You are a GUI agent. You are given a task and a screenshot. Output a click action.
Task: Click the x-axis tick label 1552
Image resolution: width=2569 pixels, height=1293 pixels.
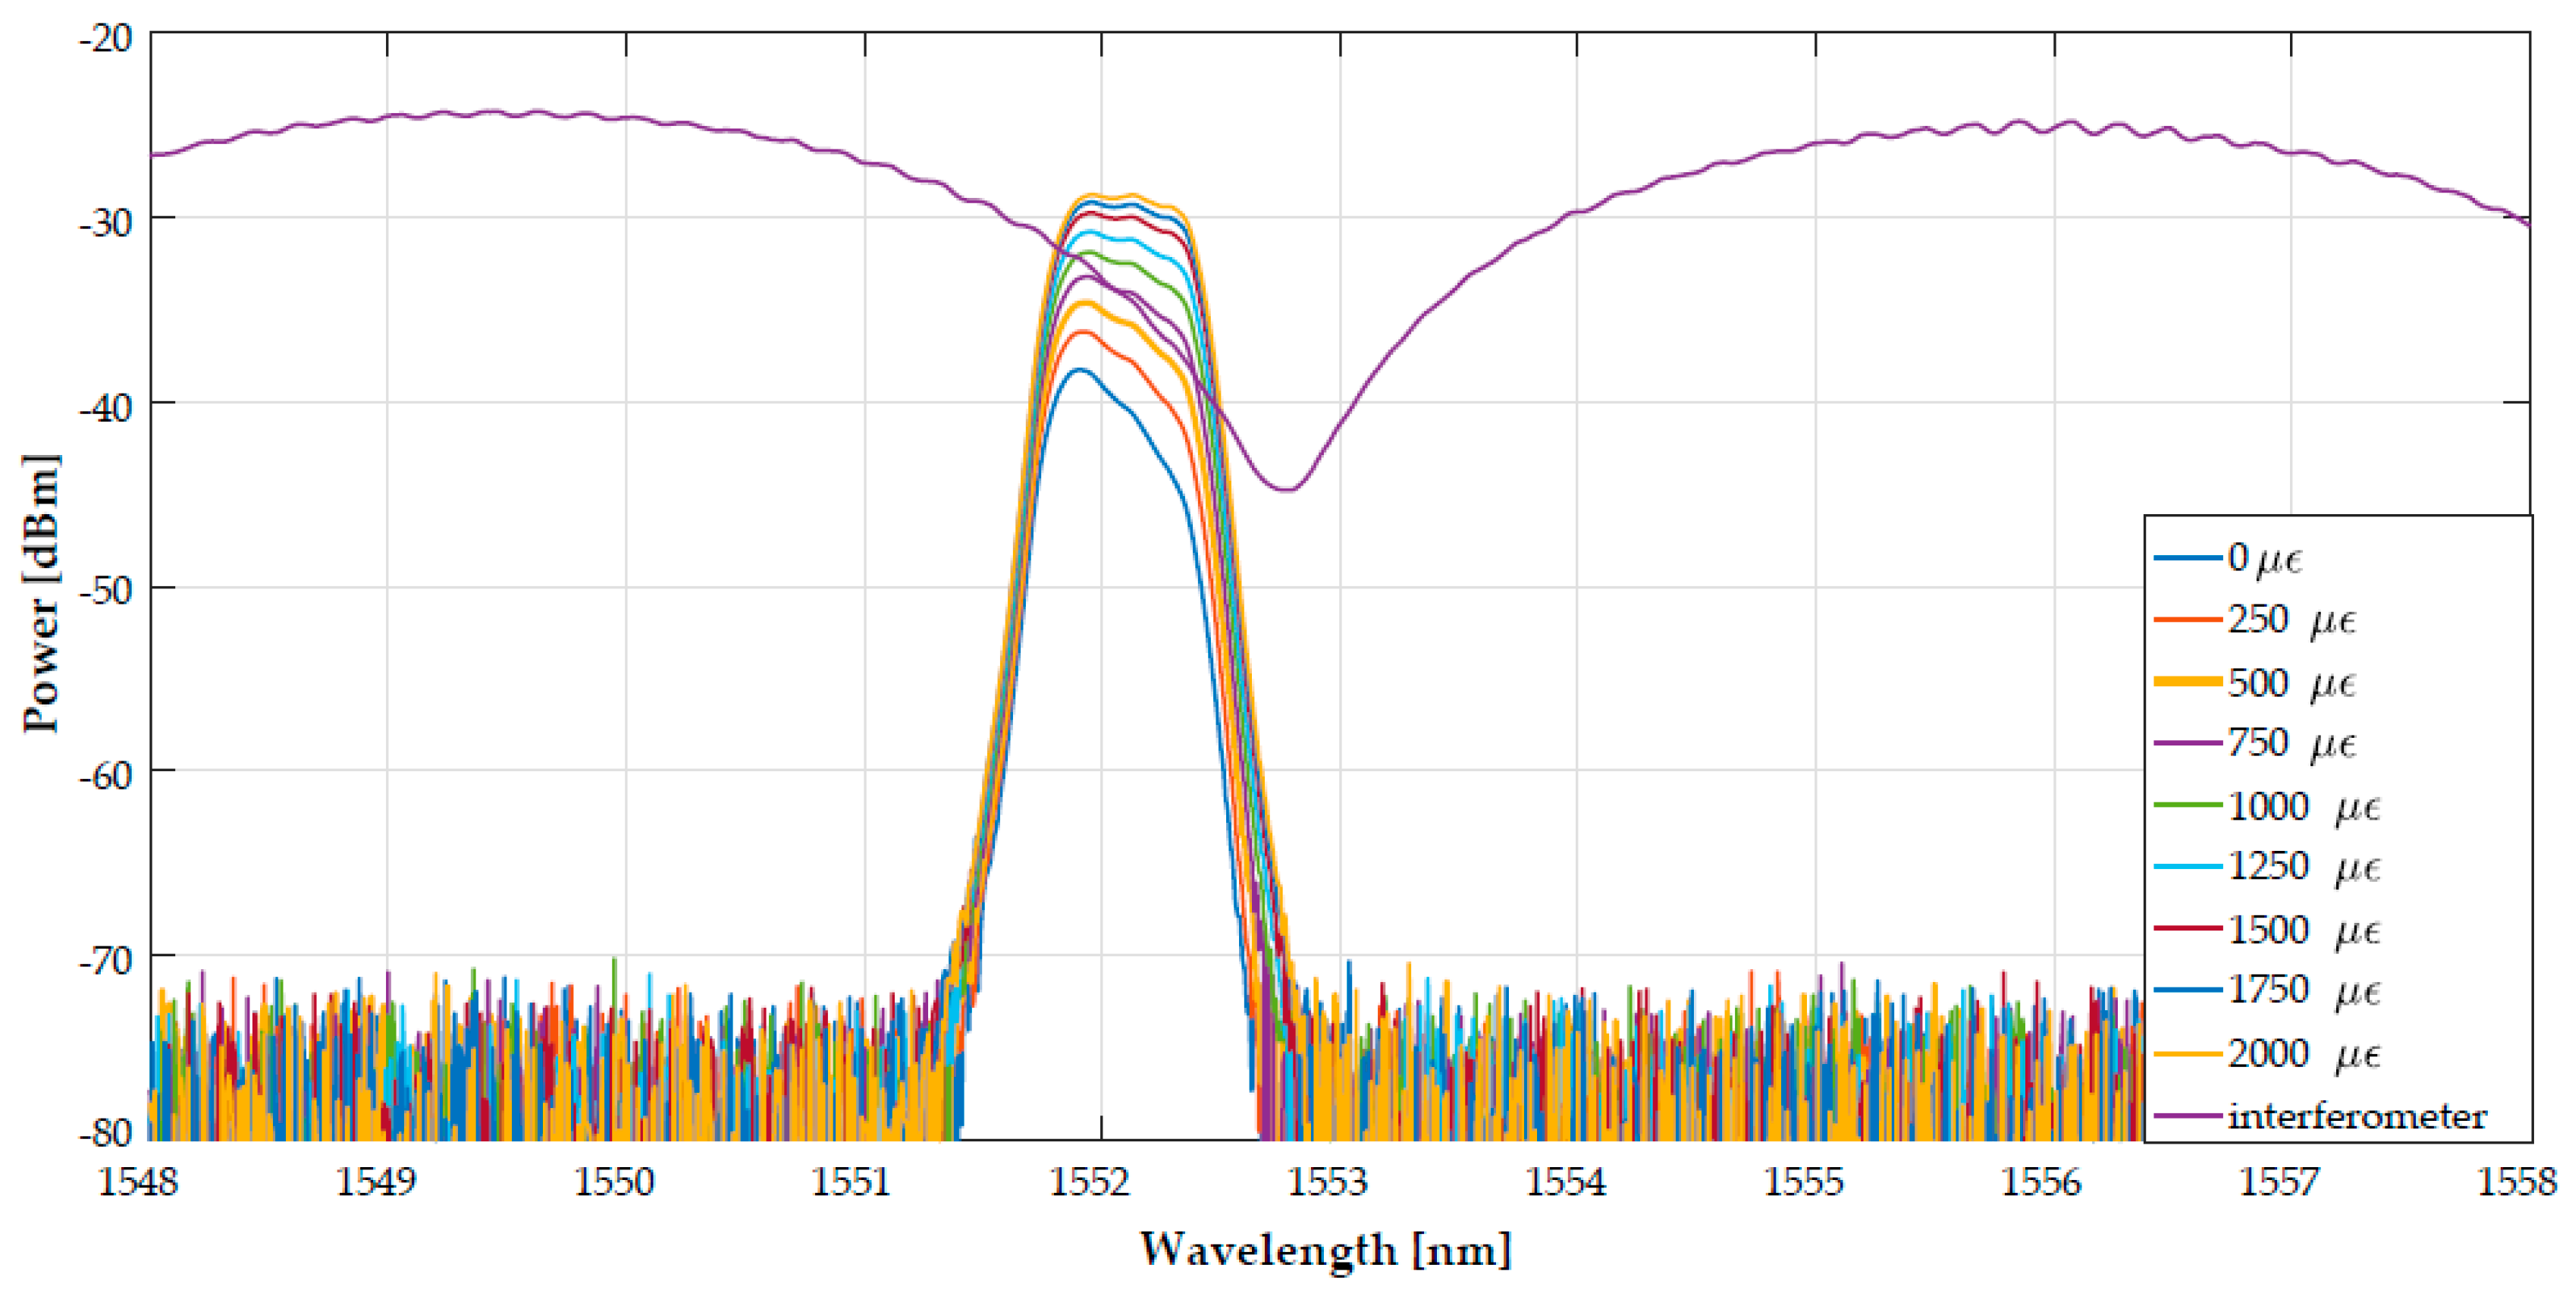[1089, 1182]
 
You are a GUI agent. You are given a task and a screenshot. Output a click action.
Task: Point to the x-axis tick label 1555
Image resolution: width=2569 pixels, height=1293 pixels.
[1803, 1182]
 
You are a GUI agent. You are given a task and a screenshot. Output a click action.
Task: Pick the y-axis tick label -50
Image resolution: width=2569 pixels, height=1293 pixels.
[105, 591]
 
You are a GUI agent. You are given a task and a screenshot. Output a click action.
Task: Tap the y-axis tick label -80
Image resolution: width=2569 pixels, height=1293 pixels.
[105, 1134]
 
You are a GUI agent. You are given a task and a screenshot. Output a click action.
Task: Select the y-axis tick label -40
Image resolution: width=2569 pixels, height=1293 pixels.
[105, 407]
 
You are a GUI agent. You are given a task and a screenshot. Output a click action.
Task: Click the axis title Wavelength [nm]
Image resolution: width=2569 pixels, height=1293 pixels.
[1325, 1249]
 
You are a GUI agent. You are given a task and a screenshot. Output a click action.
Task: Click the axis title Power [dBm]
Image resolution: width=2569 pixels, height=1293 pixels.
[42, 594]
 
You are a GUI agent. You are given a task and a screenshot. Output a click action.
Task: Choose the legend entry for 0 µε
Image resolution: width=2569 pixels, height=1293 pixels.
[2264, 557]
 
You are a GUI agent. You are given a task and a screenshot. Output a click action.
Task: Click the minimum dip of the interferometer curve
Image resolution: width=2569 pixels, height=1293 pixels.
[1288, 489]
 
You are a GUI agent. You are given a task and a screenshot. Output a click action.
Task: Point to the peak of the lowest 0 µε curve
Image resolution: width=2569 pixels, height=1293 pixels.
[1079, 370]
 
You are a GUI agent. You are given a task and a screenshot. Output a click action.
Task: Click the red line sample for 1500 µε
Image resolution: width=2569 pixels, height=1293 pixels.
[2187, 929]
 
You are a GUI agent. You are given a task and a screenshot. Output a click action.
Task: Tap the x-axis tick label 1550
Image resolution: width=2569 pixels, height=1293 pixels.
[613, 1182]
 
